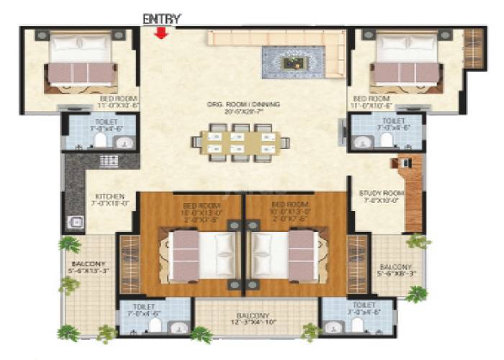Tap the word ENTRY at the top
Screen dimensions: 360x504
162,18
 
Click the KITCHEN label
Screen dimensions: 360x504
110,196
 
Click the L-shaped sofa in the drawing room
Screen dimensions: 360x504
274,43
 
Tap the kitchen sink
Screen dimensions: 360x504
74,222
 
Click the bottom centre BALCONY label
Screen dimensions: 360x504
255,316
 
